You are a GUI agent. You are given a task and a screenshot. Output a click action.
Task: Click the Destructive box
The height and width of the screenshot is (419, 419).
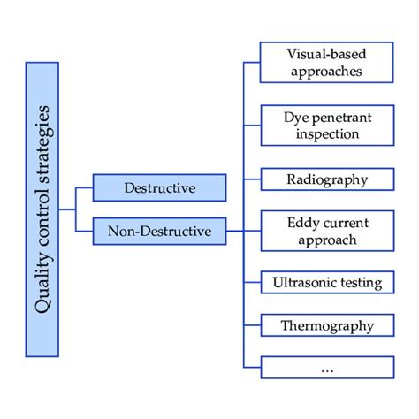tap(160, 187)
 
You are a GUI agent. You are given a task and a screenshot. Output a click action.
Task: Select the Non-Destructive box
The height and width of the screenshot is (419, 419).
tap(160, 232)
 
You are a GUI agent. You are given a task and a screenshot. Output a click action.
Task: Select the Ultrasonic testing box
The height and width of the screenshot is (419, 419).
tap(326, 282)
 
